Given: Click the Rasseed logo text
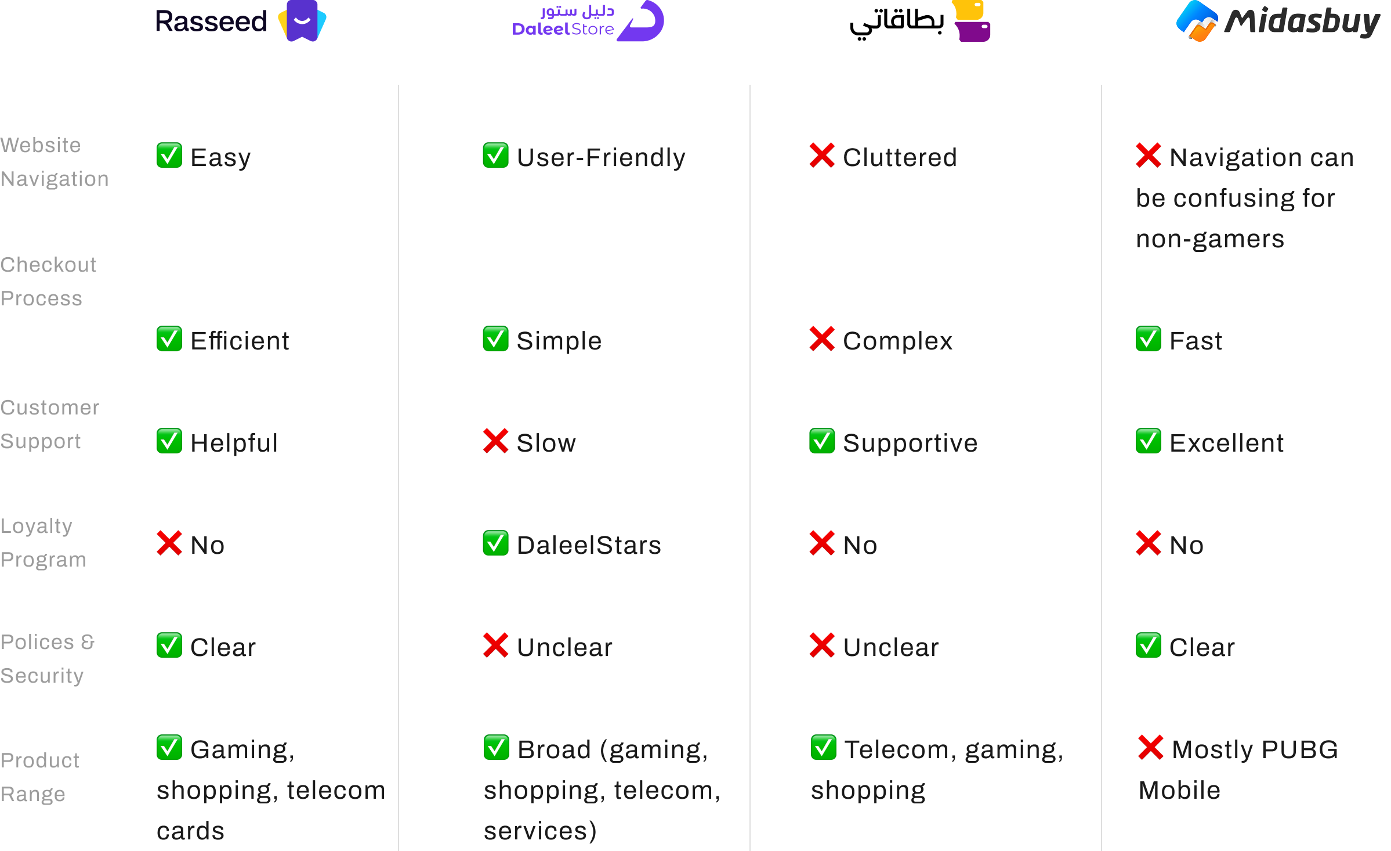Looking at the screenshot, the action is point(211,21).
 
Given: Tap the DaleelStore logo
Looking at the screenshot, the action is point(587,21).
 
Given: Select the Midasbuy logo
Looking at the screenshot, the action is point(1278,21).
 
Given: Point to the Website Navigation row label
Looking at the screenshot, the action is point(55,162).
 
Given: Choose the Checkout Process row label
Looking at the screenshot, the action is point(48,282).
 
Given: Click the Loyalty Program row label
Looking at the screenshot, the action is point(44,543).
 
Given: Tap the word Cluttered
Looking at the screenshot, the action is point(900,157).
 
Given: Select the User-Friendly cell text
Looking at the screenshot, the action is point(601,157).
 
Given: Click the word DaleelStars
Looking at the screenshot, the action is point(589,545).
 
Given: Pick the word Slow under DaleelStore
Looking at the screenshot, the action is point(546,443).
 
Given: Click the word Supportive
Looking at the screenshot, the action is point(910,443).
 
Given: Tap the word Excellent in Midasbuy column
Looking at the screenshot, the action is point(1226,443).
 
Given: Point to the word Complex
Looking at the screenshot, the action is point(897,341).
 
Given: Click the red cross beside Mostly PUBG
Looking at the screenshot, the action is point(1150,747).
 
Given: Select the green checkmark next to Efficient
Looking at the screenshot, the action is point(169,339).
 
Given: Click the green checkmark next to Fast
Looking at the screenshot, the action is point(1149,339).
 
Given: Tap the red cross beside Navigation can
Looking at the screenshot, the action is point(1149,155).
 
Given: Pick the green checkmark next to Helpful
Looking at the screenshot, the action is point(169,441).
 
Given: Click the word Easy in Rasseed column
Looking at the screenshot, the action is point(220,157).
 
